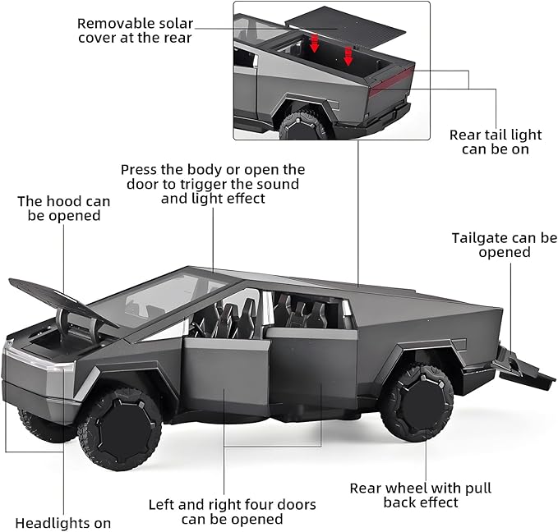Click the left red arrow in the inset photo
(x=315, y=42)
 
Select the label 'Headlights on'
(x=63, y=522)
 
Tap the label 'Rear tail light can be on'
(x=495, y=142)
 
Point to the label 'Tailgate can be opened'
(x=504, y=245)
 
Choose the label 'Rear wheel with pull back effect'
(x=420, y=495)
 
